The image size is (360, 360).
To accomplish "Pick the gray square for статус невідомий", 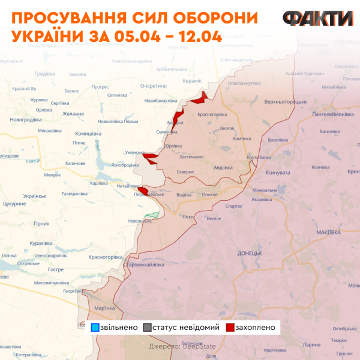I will (x=147, y=328).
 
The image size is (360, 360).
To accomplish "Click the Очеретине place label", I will (x=153, y=86).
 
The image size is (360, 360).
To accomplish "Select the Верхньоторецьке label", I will (x=285, y=101).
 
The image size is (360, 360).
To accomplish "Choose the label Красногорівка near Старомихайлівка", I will (x=106, y=257).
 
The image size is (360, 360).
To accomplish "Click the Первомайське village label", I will (x=148, y=195).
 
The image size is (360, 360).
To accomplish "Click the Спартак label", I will (x=233, y=206).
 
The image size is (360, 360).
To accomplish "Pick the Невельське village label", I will (x=139, y=221).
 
